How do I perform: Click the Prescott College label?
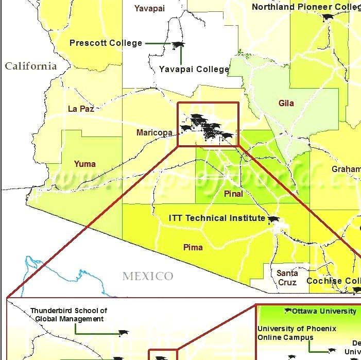[x=106, y=43]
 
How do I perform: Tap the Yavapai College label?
[x=194, y=69]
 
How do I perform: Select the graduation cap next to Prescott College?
[x=178, y=45]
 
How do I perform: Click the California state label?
[x=30, y=66]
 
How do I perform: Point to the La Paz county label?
[x=81, y=109]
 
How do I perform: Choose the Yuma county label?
[x=84, y=164]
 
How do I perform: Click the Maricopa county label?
[x=154, y=133]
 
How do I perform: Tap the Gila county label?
[x=286, y=103]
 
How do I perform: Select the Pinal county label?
[x=233, y=194]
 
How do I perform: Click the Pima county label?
[x=193, y=247]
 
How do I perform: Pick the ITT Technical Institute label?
[x=217, y=218]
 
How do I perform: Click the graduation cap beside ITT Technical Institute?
[x=273, y=220]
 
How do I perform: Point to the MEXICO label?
[x=148, y=277]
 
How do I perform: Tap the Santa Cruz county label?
[x=287, y=278]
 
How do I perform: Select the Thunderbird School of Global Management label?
[x=69, y=315]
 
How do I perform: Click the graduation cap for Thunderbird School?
[x=123, y=333]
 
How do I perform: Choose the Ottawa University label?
[x=323, y=311]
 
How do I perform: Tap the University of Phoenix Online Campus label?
[x=297, y=333]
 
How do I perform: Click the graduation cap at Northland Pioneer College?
[x=327, y=17]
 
